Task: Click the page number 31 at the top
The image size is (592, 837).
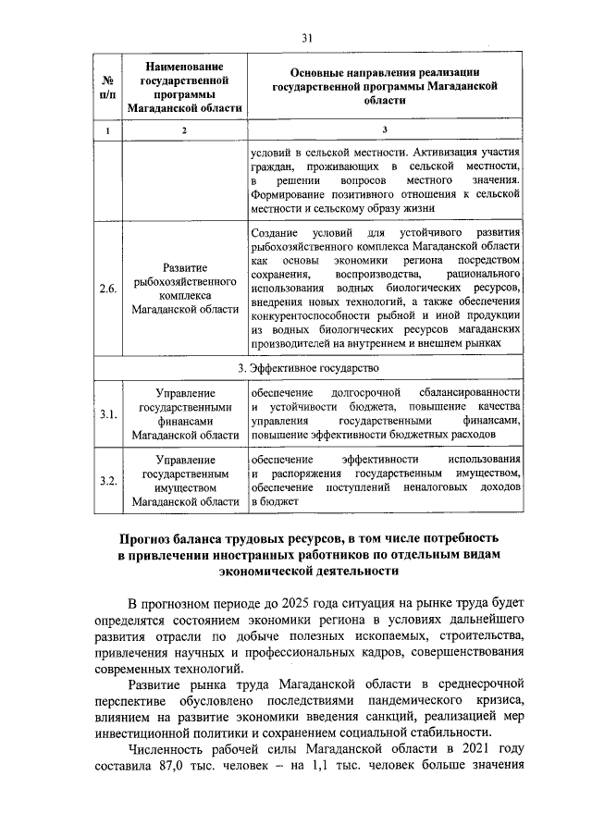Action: coord(308,38)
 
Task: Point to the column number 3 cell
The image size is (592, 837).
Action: coord(385,131)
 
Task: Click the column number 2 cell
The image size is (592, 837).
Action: coord(184,131)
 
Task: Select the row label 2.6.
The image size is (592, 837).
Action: coord(108,289)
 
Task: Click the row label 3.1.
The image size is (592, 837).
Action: coord(108,414)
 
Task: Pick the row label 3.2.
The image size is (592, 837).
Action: coord(108,481)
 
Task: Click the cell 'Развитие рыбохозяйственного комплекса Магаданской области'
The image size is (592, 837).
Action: coord(184,289)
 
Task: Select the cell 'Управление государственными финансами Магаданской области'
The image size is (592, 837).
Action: coord(184,414)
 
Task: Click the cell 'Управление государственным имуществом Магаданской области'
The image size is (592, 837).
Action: coord(184,481)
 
